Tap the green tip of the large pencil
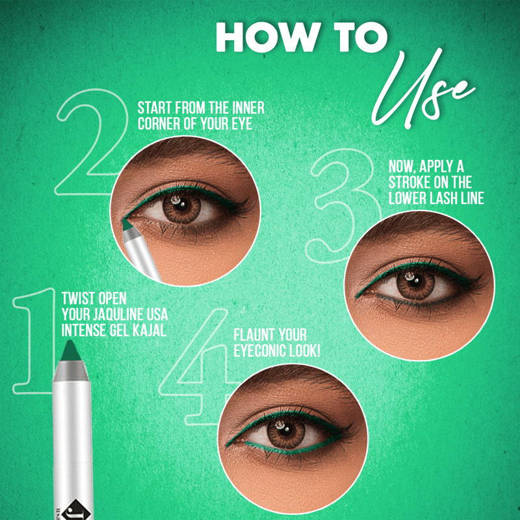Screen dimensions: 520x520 [70, 350]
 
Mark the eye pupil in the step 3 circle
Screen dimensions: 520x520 [415, 282]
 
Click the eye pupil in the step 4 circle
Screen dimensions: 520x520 [286, 432]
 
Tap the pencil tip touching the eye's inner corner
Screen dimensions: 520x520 [126, 224]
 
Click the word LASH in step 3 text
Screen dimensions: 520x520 [441, 198]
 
